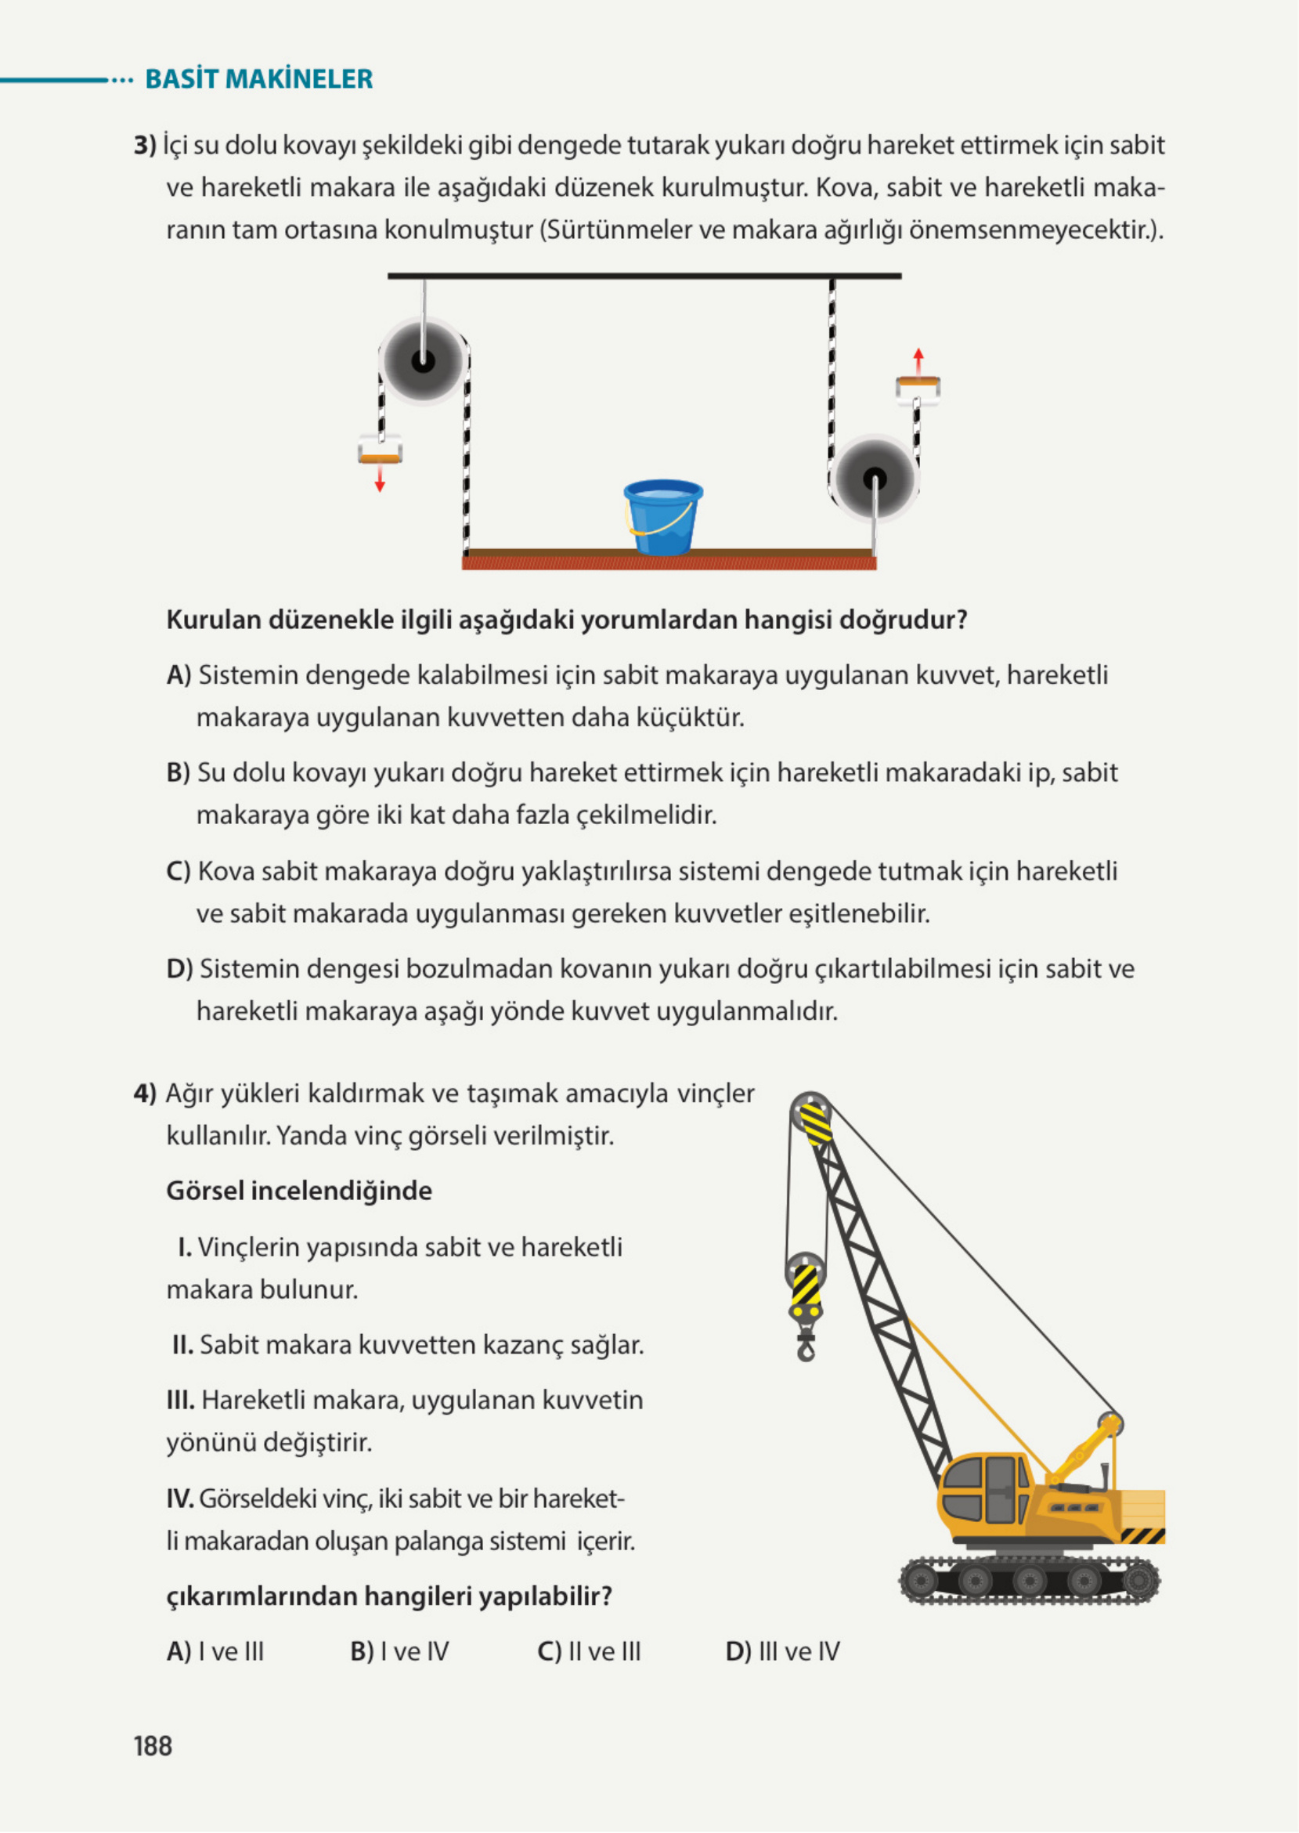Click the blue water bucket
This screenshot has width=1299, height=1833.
pyautogui.click(x=662, y=517)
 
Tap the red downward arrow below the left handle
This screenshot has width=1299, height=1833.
pyautogui.click(x=380, y=479)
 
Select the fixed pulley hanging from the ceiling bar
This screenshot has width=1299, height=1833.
pyautogui.click(x=423, y=361)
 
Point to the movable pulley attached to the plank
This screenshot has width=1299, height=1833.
pyautogui.click(x=874, y=480)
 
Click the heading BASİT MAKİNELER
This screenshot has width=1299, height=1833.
pyautogui.click(x=258, y=79)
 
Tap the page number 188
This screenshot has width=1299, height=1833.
pyautogui.click(x=153, y=1746)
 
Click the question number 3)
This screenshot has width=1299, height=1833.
pyautogui.click(x=145, y=146)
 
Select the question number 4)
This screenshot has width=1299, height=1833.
pyautogui.click(x=145, y=1094)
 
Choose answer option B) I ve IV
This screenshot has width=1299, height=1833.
pyautogui.click(x=399, y=1651)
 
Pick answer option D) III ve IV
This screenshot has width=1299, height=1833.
pyautogui.click(x=781, y=1651)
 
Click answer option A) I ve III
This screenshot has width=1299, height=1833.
pyautogui.click(x=215, y=1651)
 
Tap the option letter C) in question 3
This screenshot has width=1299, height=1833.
pyautogui.click(x=178, y=871)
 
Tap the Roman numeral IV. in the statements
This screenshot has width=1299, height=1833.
pyautogui.click(x=180, y=1499)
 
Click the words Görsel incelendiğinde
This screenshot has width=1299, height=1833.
pyautogui.click(x=298, y=1191)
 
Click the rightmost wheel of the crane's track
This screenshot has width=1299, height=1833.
pyautogui.click(x=1140, y=1582)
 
